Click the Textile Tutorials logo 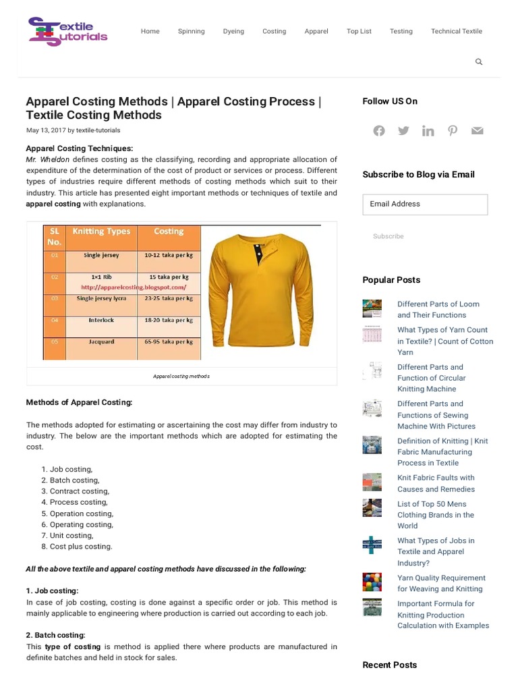click(x=67, y=31)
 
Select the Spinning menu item click(x=192, y=31)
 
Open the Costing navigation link click(x=274, y=31)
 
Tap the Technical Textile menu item click(x=457, y=31)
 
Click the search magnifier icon click(x=479, y=62)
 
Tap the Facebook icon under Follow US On click(x=379, y=131)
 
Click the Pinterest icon click(x=453, y=131)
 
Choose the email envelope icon click(x=478, y=131)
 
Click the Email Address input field click(x=425, y=204)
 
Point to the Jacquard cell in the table click(x=101, y=342)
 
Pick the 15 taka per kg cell click(x=169, y=277)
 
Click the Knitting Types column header click(x=101, y=231)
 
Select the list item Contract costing click(x=79, y=491)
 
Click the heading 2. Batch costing click(x=55, y=635)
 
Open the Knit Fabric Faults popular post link click(x=436, y=483)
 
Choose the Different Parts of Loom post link click(x=438, y=310)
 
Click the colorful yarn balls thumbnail click(x=372, y=582)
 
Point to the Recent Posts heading click(x=389, y=665)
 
